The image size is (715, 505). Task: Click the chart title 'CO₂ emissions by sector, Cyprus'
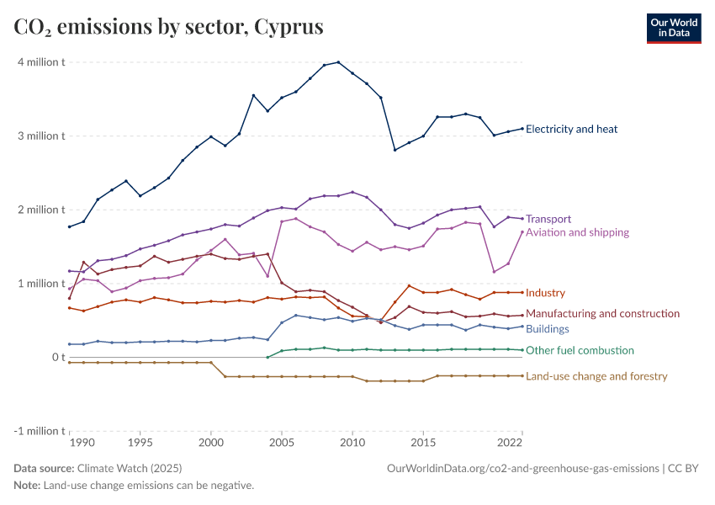click(168, 27)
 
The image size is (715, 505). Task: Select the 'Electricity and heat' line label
click(571, 129)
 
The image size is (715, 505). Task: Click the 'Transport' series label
click(548, 219)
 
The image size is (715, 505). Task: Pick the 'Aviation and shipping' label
click(577, 232)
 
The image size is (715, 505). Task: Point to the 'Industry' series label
click(545, 293)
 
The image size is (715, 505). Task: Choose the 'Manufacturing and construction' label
click(602, 313)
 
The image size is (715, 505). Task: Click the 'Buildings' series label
click(548, 329)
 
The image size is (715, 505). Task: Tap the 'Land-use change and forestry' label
click(596, 376)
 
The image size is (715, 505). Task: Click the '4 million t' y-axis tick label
click(38, 62)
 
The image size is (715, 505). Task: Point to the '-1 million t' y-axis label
click(35, 431)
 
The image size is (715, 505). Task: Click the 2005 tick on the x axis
click(282, 442)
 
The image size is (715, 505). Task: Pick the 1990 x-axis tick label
click(82, 442)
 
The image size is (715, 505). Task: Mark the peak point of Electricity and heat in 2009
click(338, 62)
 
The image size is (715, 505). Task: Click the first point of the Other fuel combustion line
click(267, 357)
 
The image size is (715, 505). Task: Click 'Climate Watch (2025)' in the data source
click(129, 468)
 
